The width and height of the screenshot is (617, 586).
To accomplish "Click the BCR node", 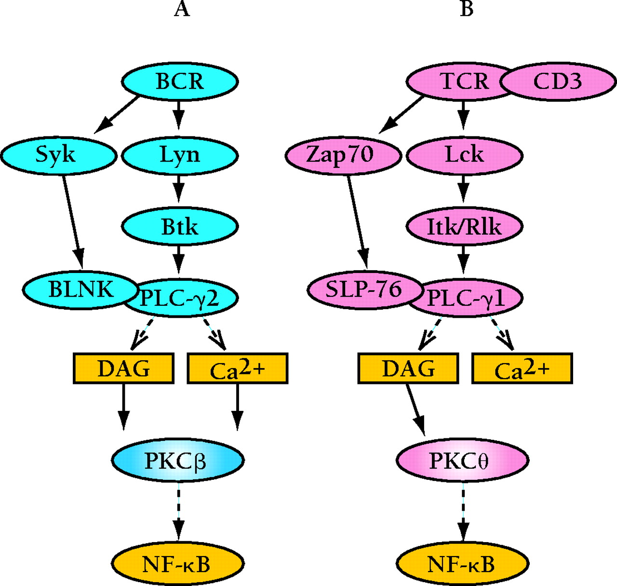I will click(x=179, y=81).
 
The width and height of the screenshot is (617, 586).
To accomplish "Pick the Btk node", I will click(x=179, y=226).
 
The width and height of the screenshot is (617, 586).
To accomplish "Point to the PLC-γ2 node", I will click(x=186, y=299).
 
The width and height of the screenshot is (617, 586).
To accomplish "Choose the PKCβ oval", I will click(x=177, y=461).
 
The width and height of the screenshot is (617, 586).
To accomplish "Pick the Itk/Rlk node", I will click(x=464, y=226).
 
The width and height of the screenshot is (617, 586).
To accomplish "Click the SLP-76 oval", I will click(x=362, y=289).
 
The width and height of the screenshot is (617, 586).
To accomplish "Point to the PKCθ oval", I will click(x=461, y=461).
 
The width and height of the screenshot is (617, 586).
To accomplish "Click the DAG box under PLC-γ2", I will click(x=123, y=368).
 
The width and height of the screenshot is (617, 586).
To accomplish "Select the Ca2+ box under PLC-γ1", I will click(x=522, y=368).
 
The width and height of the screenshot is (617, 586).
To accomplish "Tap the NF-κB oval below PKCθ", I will click(x=462, y=563).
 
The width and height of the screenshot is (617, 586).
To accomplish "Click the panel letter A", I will click(x=182, y=9).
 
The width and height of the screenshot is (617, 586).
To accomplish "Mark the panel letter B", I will click(x=467, y=9).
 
